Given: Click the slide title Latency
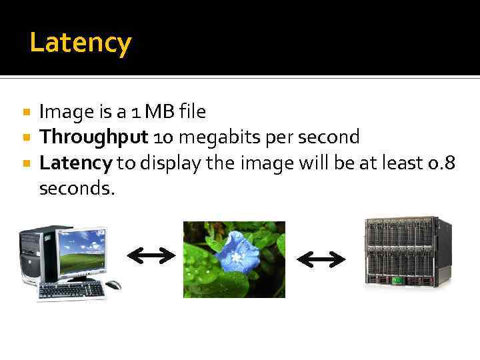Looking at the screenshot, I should [81, 43].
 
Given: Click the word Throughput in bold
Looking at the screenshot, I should [93, 137].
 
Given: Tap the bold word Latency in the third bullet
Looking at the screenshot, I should [75, 163].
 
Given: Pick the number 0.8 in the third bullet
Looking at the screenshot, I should [441, 163].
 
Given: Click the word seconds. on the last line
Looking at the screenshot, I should [77, 189].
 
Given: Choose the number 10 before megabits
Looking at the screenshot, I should [163, 138].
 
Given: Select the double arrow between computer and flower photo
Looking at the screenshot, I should [151, 254].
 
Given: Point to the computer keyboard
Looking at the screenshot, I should [72, 291].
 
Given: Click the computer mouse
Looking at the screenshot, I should [114, 285].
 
